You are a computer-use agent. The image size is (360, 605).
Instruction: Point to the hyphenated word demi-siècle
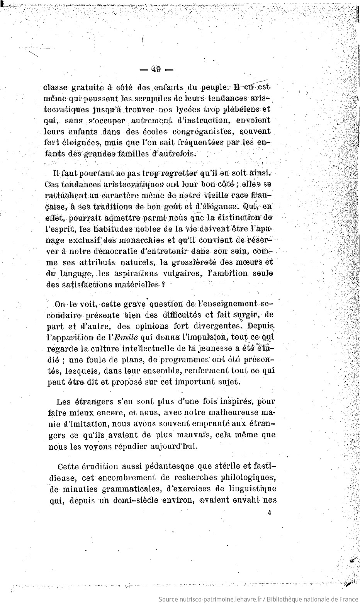tap(141, 500)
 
